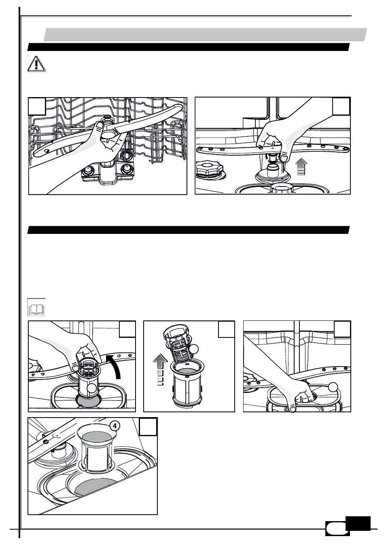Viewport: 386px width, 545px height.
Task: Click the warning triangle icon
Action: tap(36, 64)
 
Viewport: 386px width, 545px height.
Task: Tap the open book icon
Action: tap(36, 307)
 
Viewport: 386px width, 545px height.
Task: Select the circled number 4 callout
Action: tap(115, 426)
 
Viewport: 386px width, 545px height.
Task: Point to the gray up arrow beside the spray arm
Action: tap(301, 166)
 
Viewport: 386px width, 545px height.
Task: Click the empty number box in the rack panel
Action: tap(37, 106)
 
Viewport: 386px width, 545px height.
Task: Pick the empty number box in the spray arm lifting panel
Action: tap(341, 106)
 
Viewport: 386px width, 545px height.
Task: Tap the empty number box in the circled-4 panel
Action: tap(148, 426)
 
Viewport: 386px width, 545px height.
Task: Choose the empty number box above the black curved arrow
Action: tap(127, 329)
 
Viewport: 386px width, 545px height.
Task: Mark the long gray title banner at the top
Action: tap(205, 34)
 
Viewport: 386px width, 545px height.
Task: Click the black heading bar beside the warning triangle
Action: tap(189, 47)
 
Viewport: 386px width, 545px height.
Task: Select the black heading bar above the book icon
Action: tap(189, 230)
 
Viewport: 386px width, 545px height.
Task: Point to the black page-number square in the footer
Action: tap(358, 524)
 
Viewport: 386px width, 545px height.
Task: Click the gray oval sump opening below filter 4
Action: tap(95, 487)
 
